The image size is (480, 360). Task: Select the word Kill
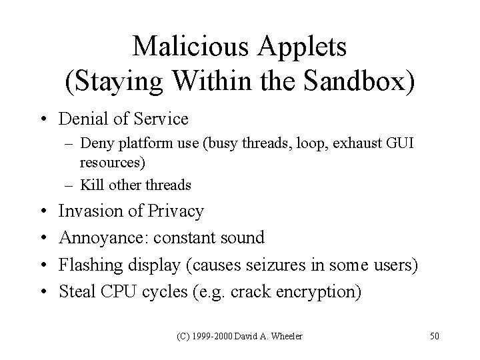pyautogui.click(x=90, y=185)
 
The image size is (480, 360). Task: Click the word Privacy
pyautogui.click(x=175, y=212)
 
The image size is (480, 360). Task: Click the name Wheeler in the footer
pyautogui.click(x=286, y=335)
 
